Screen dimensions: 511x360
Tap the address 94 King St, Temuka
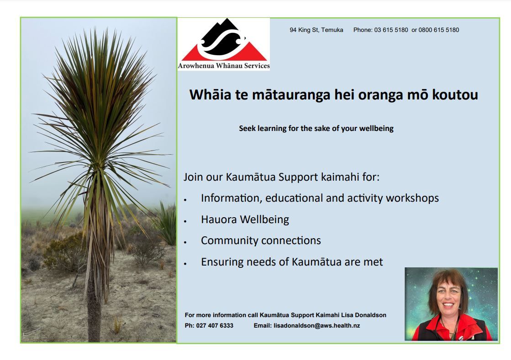[316, 30]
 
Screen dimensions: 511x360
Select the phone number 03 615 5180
[391, 30]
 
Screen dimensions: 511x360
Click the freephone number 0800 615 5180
[439, 30]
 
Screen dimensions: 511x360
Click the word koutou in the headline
[455, 95]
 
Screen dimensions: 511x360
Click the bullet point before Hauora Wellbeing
[185, 221]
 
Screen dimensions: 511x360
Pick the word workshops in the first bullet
[412, 198]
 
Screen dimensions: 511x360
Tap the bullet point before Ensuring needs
[185, 264]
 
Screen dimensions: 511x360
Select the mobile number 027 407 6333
[215, 325]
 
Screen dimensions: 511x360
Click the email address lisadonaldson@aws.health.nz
[317, 325]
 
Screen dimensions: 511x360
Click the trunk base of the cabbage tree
[94, 329]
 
